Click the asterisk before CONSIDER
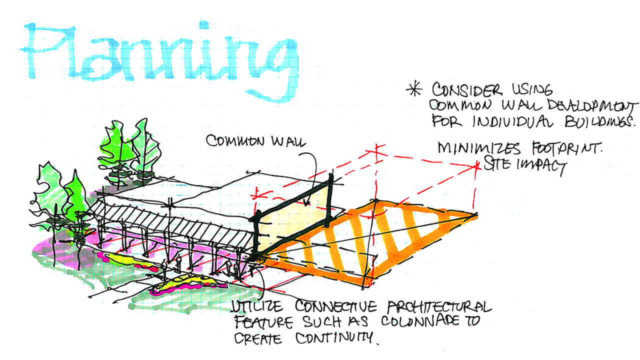click(413, 90)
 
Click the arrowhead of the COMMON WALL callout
click(306, 203)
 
